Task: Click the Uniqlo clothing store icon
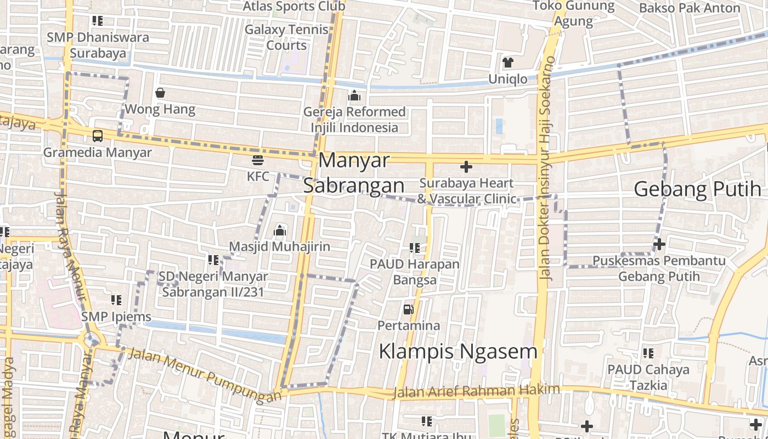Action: tap(508, 63)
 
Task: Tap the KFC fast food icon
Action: tap(257, 160)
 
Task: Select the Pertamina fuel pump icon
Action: tap(408, 309)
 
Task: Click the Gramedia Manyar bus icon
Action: tap(98, 136)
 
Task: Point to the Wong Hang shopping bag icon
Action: tap(160, 93)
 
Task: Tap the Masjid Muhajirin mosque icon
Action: tap(280, 230)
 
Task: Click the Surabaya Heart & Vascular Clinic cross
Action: tap(466, 166)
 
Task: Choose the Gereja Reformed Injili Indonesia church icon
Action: tap(354, 96)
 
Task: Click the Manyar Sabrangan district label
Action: tap(354, 173)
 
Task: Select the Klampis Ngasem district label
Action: tap(458, 351)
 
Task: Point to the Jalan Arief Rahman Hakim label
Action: tap(477, 391)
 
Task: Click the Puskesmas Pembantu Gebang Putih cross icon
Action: tap(659, 244)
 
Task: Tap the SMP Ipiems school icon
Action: tap(116, 300)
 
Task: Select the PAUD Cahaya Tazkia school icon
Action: tap(648, 353)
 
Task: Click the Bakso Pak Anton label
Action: tap(690, 8)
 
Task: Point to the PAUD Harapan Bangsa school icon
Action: tap(415, 247)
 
